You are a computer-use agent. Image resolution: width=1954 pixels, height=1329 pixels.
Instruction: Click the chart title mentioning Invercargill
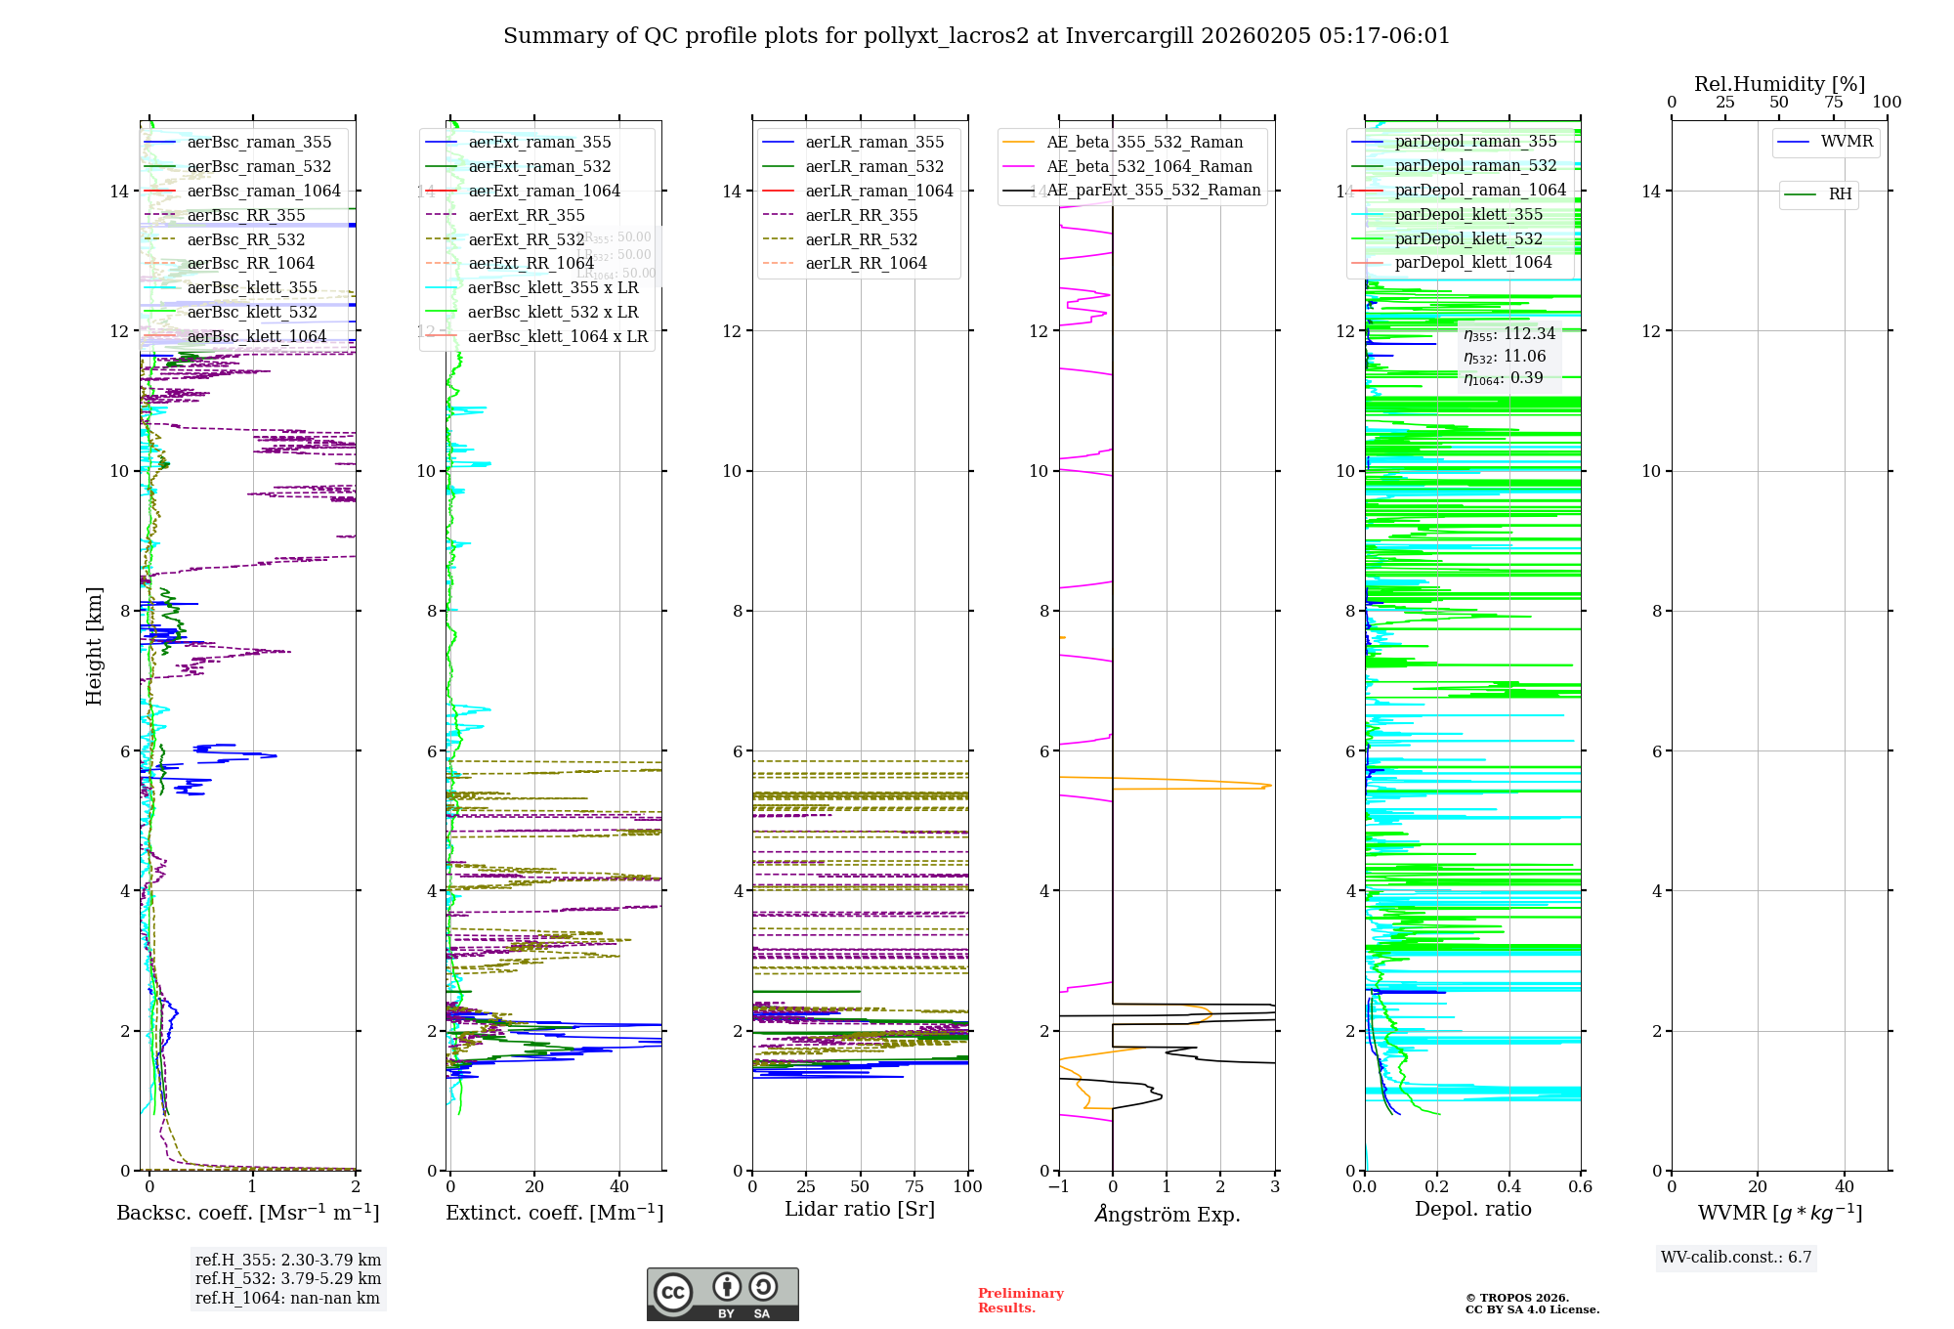976,36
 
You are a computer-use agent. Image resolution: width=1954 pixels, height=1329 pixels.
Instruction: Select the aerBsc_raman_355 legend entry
259,143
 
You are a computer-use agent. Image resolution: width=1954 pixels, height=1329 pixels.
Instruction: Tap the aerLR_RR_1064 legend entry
866,264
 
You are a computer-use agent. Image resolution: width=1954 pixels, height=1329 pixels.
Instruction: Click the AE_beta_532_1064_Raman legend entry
1149,167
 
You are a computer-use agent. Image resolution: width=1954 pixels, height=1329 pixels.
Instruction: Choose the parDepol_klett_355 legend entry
1468,215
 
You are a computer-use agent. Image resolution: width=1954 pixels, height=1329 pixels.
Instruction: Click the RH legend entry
1840,194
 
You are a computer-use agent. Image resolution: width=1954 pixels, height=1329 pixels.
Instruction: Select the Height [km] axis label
94,646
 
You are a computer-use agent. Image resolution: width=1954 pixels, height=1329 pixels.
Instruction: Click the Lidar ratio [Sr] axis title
860,1210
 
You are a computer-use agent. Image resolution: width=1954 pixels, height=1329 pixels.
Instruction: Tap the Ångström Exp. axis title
1168,1215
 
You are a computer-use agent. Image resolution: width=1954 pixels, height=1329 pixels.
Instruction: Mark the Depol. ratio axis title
1473,1210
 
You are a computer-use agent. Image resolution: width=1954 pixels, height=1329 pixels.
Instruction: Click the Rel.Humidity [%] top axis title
1779,84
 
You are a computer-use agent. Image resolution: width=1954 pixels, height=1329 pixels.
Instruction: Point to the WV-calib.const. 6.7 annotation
1736,1258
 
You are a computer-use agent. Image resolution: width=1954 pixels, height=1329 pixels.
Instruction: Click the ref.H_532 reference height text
288,1279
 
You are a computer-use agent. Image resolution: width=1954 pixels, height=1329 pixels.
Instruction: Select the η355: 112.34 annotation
1509,334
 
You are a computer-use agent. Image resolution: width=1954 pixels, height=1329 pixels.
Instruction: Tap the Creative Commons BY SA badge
723,1295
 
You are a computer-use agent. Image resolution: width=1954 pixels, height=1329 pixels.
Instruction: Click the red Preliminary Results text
1020,1301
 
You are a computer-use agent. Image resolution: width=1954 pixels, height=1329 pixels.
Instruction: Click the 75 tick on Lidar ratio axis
914,1187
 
